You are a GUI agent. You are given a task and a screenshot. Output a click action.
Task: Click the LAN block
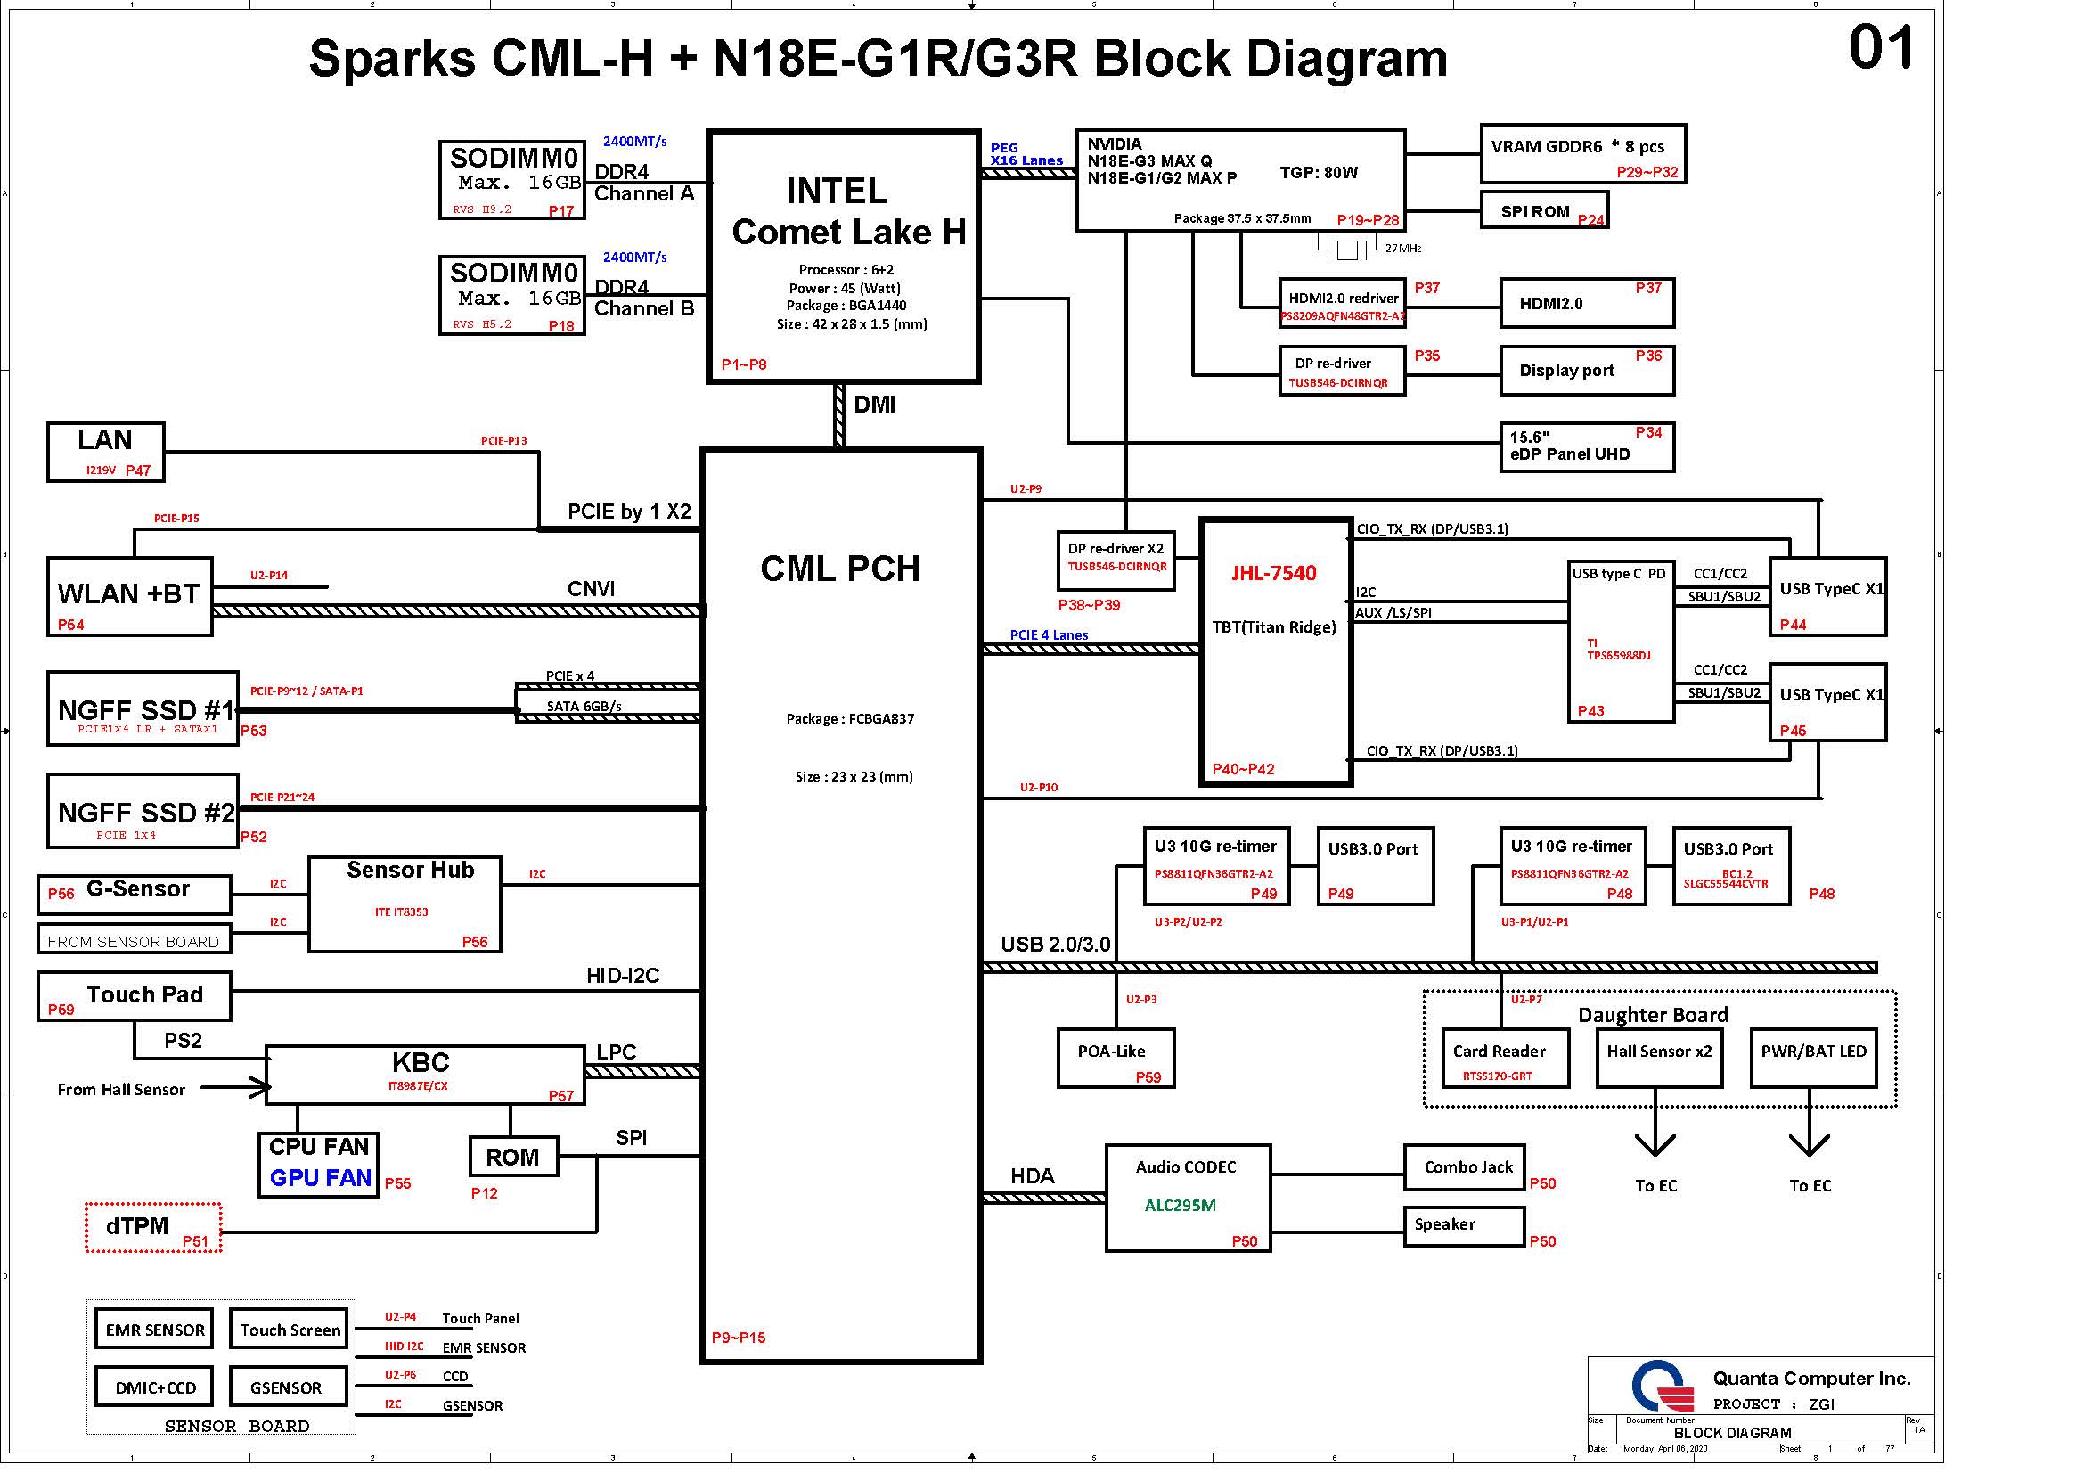click(x=105, y=451)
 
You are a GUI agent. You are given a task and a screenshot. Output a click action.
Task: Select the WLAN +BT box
click(x=129, y=596)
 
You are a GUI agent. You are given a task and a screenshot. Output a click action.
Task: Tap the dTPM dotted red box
click(x=153, y=1227)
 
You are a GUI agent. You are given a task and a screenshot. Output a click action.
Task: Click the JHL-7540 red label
click(x=1273, y=573)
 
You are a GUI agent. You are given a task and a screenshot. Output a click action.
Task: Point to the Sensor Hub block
click(x=405, y=904)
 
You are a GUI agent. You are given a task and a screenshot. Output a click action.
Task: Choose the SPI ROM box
click(x=1544, y=210)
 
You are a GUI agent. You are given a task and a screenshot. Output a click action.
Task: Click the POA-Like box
click(x=1116, y=1058)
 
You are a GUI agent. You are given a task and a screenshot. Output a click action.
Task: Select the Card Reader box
click(x=1505, y=1058)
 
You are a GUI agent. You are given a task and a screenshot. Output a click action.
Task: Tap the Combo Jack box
click(x=1464, y=1167)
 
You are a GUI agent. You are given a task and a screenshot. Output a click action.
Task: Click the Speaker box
click(x=1464, y=1225)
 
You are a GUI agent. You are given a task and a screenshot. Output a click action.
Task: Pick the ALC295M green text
click(x=1180, y=1206)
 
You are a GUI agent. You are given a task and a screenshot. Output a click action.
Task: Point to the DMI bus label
click(x=875, y=405)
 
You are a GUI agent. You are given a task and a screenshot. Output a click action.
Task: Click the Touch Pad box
click(x=135, y=995)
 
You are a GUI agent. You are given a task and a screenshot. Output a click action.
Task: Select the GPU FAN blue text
click(x=321, y=1178)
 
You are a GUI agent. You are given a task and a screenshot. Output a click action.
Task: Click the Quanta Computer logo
click(x=1662, y=1386)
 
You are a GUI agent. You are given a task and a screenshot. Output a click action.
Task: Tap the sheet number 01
click(x=1881, y=48)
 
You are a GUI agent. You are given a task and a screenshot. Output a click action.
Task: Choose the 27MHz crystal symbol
click(x=1348, y=249)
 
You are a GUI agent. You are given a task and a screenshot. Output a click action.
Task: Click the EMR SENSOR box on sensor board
click(x=154, y=1330)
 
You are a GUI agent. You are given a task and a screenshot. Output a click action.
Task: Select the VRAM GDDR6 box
click(x=1582, y=153)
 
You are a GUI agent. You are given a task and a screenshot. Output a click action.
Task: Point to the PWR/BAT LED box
click(x=1812, y=1058)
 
